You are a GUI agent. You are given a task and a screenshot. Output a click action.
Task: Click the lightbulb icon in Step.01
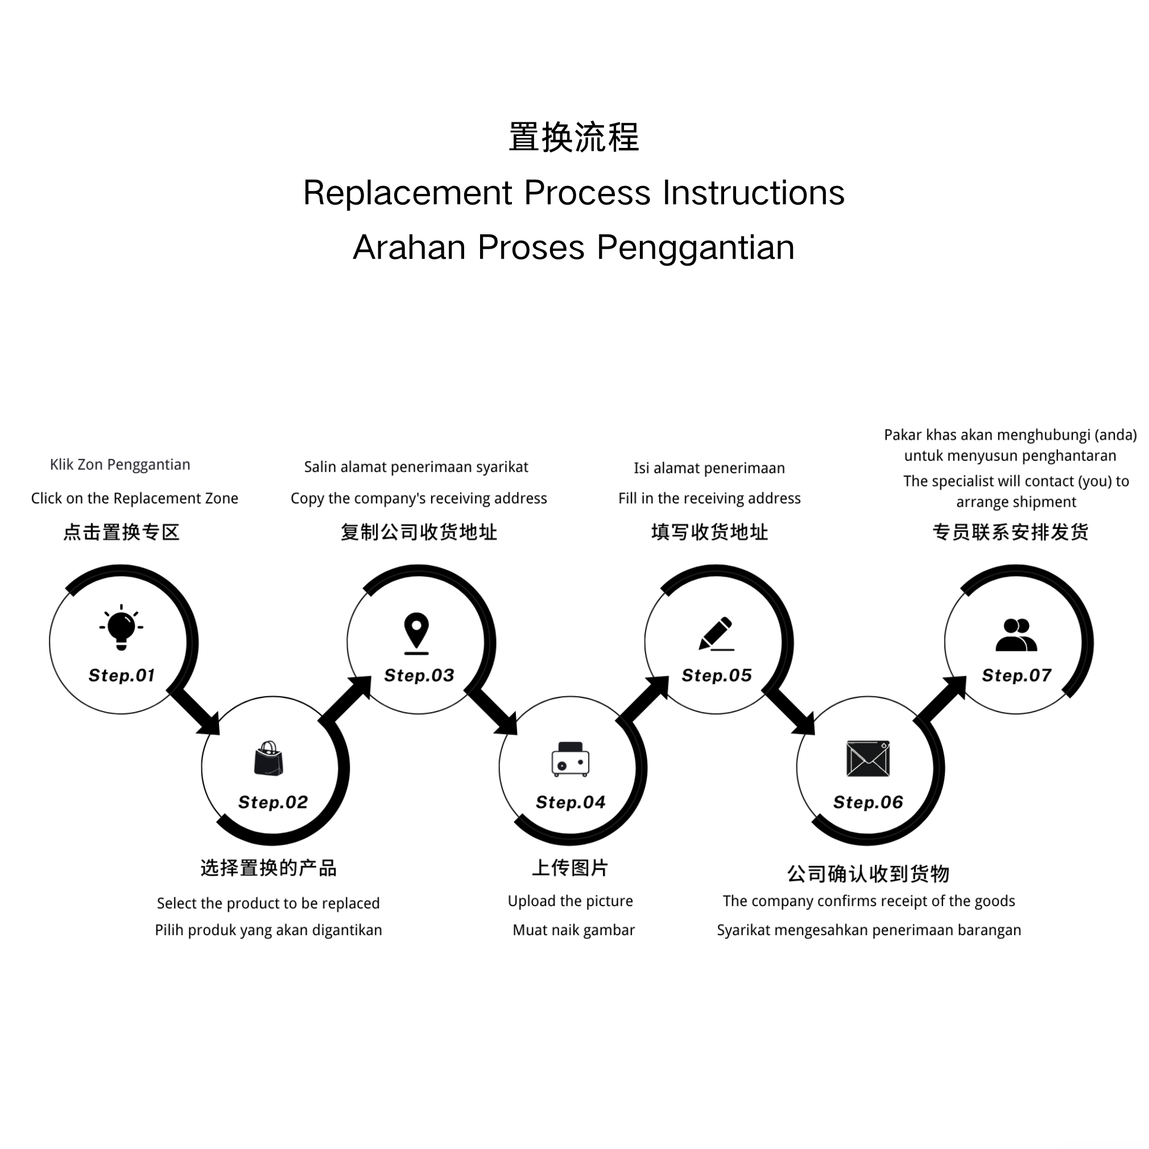121,627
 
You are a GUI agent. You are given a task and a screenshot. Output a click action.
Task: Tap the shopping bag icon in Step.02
269,759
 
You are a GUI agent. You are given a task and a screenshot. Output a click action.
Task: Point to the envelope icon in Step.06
867,759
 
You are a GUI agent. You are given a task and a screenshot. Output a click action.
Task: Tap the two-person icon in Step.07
1016,635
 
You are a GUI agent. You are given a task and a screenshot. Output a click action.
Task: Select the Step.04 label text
571,802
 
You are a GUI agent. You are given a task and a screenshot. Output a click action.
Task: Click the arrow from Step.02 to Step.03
347,701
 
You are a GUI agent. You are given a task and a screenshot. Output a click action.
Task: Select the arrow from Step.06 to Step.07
941,701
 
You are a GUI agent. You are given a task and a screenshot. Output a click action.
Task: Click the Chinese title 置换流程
574,138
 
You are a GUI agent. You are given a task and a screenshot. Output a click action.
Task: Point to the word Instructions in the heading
754,193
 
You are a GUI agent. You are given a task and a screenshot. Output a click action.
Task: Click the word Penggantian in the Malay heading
695,247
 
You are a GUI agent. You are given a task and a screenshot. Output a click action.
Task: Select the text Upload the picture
571,901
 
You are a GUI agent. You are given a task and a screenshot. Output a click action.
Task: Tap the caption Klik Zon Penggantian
120,465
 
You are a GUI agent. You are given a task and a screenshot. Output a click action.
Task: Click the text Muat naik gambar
574,930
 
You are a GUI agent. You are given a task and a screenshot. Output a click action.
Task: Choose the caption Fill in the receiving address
709,498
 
